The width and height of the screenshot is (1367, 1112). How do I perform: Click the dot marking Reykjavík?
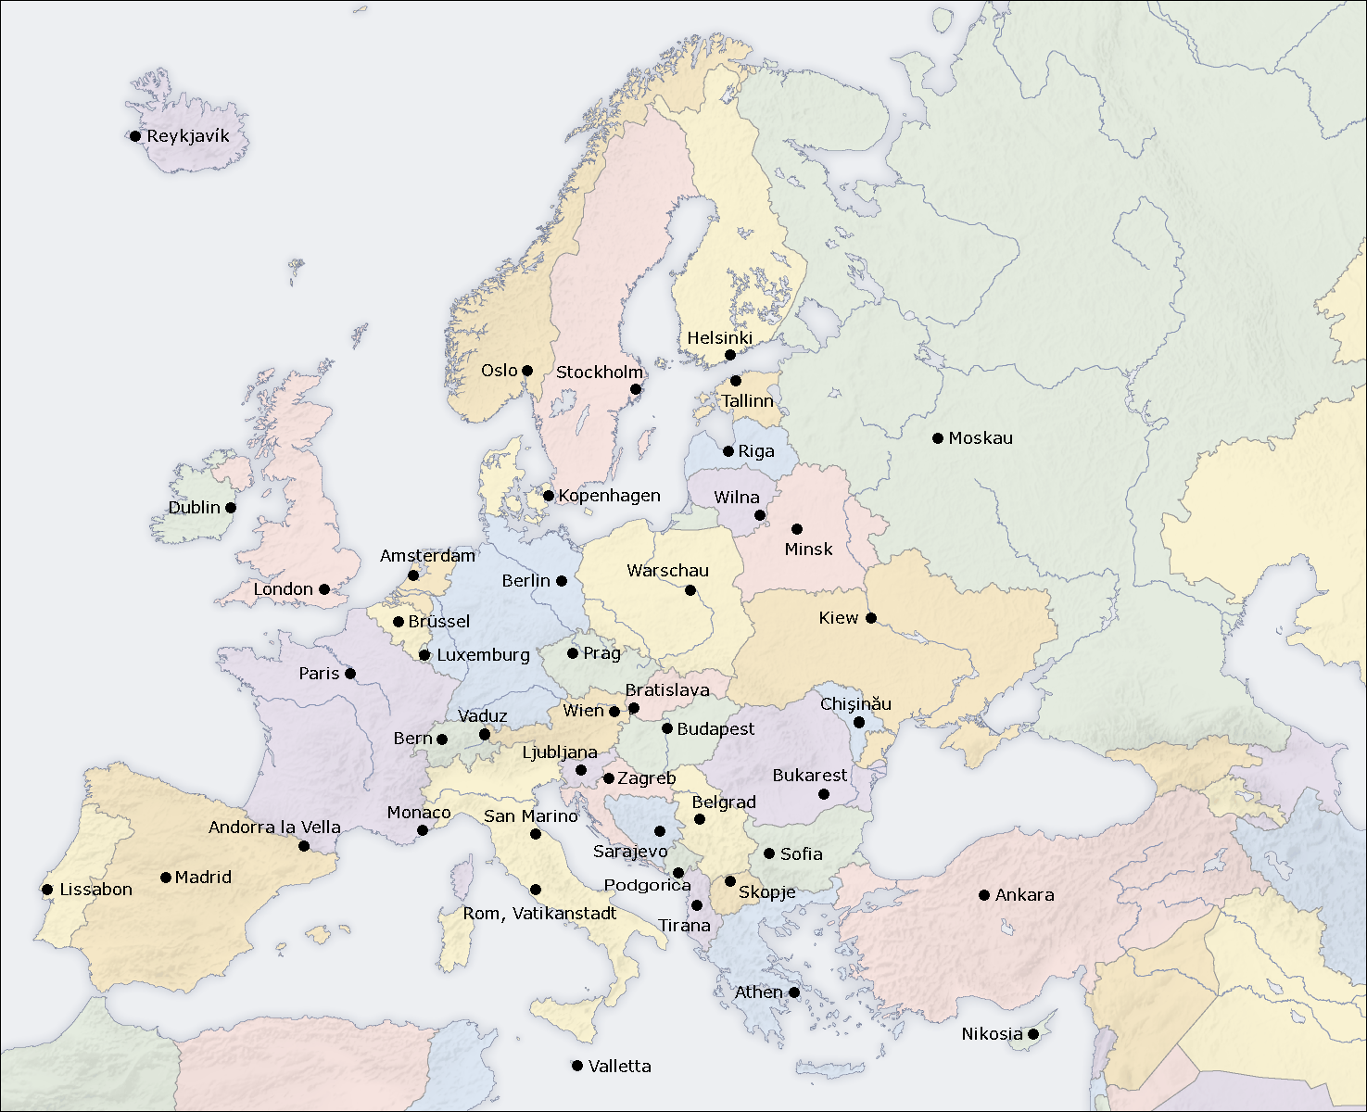pyautogui.click(x=135, y=136)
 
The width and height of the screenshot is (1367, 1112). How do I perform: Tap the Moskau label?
pyautogui.click(x=981, y=438)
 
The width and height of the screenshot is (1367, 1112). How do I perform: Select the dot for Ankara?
pyautogui.click(x=984, y=895)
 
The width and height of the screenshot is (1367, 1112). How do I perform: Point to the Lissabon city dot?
pyautogui.click(x=47, y=890)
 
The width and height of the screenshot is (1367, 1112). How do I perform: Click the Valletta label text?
pyautogui.click(x=619, y=1067)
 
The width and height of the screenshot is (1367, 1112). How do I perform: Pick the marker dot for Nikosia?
pyautogui.click(x=1032, y=1034)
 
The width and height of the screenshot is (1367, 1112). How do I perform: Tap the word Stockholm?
pyautogui.click(x=599, y=373)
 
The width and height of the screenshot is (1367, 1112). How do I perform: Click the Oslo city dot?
pyautogui.click(x=527, y=371)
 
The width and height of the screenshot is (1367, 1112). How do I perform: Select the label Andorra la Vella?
pyautogui.click(x=274, y=828)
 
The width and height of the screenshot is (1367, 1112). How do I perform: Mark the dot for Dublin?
pyautogui.click(x=231, y=508)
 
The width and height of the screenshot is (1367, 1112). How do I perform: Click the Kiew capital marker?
pyautogui.click(x=871, y=618)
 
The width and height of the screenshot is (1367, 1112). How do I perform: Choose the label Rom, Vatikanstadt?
pyautogui.click(x=539, y=914)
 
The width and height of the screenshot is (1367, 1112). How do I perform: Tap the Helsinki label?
pyautogui.click(x=719, y=338)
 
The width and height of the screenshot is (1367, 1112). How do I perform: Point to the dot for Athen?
pyautogui.click(x=794, y=992)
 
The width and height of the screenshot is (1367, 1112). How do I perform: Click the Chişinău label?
pyautogui.click(x=855, y=704)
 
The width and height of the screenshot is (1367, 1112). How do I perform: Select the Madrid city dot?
pyautogui.click(x=166, y=878)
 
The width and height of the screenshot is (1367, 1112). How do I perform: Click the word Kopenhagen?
pyautogui.click(x=609, y=496)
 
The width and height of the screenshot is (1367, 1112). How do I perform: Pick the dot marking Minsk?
pyautogui.click(x=797, y=529)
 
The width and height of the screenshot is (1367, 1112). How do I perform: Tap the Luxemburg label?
pyautogui.click(x=483, y=655)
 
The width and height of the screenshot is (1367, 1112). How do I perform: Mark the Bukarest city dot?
pyautogui.click(x=823, y=794)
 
